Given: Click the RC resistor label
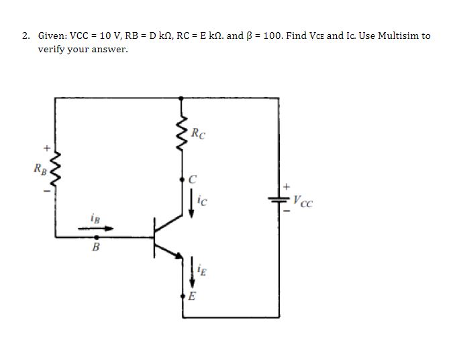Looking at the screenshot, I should [198, 132].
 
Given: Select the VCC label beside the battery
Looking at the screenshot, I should [303, 199].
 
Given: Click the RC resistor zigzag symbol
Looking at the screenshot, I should [182, 132].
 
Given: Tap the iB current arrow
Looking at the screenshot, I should [97, 229].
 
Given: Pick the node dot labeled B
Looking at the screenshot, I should [98, 237].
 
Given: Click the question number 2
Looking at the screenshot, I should [25, 36].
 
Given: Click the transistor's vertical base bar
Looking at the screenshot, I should [155, 237].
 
